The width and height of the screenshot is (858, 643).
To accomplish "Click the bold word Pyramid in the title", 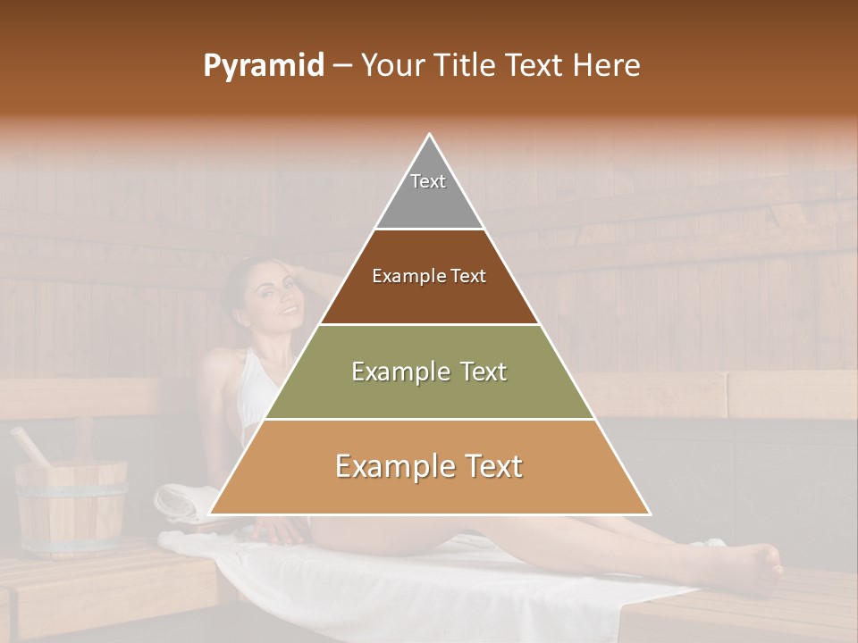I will tap(264, 66).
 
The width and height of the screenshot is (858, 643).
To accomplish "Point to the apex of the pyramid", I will tap(430, 137).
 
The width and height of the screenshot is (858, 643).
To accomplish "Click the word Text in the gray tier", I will tap(427, 181).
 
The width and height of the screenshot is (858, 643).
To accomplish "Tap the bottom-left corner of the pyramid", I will tap(211, 514).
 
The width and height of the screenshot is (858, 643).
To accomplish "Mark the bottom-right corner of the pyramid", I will tap(649, 514).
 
